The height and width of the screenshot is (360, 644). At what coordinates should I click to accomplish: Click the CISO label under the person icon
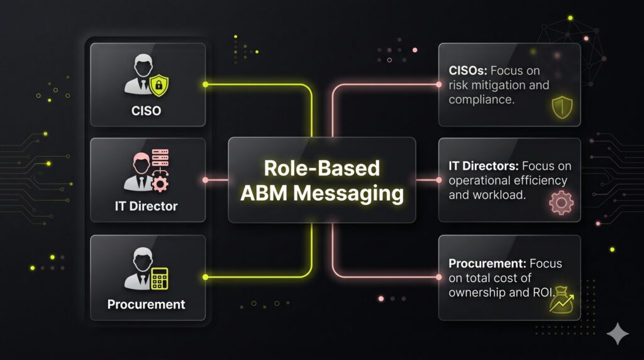click(147, 111)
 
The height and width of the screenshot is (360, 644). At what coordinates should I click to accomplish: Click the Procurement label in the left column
click(147, 304)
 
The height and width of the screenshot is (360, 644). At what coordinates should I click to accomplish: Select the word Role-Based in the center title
click(321, 168)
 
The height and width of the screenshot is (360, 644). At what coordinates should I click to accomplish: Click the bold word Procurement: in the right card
click(487, 264)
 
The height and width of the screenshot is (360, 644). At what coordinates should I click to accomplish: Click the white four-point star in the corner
click(617, 334)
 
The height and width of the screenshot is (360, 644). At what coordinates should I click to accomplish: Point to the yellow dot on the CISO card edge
click(206, 84)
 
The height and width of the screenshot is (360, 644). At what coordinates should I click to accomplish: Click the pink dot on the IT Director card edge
click(206, 181)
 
